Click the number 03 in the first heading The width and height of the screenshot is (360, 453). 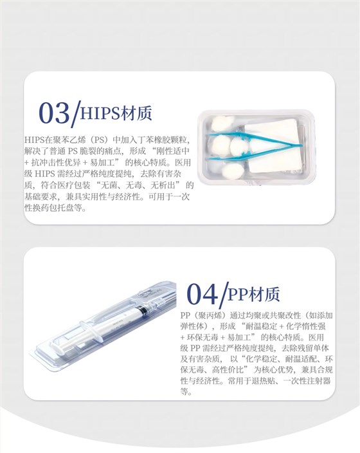pyautogui.click(x=54, y=113)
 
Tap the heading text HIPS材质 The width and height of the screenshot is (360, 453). pyautogui.click(x=116, y=113)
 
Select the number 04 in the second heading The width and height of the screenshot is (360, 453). pyautogui.click(x=202, y=294)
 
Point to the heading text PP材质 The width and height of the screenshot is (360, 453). pyautogui.click(x=254, y=294)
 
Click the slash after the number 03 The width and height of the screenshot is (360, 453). pyautogui.click(x=76, y=113)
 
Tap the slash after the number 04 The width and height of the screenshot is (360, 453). pyautogui.click(x=224, y=295)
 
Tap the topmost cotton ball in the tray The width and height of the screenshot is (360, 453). pyautogui.click(x=222, y=123)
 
